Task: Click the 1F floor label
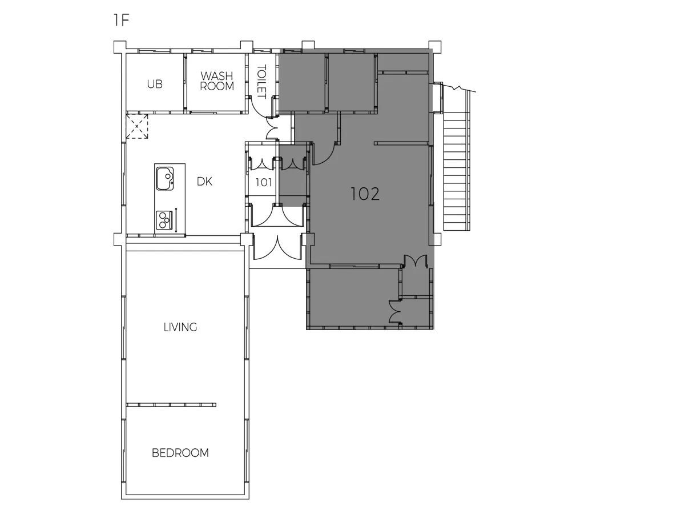click(x=122, y=21)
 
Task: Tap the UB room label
click(x=155, y=84)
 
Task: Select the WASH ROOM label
click(x=217, y=81)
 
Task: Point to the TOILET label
click(x=261, y=82)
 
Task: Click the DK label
click(x=204, y=181)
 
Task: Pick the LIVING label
click(x=180, y=327)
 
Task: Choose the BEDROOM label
click(x=180, y=453)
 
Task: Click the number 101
click(x=264, y=183)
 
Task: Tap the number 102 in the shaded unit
click(x=365, y=194)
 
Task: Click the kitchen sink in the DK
click(x=165, y=179)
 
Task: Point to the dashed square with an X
click(x=136, y=126)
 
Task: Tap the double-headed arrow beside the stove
click(x=176, y=220)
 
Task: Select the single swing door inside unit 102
click(x=325, y=154)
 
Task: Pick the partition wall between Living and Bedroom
click(x=171, y=405)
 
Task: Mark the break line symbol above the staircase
click(x=459, y=88)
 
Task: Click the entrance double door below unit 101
click(x=277, y=247)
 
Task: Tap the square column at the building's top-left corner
click(x=120, y=47)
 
